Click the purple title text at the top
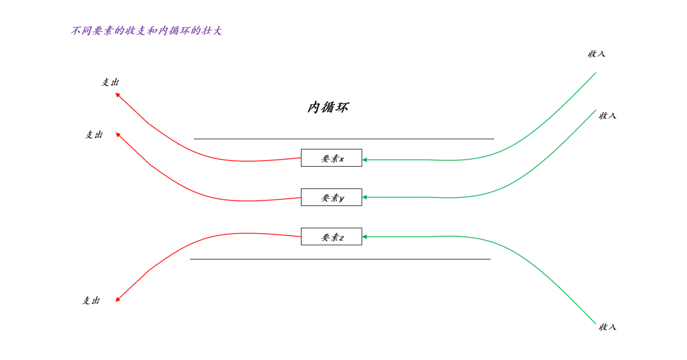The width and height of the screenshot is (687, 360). point(146,31)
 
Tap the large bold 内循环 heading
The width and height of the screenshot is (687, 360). point(328,107)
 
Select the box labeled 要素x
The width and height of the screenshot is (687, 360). point(331,158)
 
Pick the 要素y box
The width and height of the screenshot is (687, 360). point(331,197)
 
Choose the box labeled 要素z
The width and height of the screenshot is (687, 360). point(331,237)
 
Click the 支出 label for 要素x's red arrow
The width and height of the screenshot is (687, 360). point(110,82)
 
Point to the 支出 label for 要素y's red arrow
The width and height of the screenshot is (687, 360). point(94,134)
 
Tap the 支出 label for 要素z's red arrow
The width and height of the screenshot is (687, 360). point(91,300)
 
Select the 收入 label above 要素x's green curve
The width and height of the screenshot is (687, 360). point(596,54)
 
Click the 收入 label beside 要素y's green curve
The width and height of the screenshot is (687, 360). point(607,116)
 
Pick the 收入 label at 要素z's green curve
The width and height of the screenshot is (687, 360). point(607,327)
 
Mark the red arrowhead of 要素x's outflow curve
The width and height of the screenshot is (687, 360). point(118,95)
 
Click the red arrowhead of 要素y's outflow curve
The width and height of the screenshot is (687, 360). point(118,134)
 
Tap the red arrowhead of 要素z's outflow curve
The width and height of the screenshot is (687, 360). point(118,299)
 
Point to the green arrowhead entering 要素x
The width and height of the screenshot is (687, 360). point(365,160)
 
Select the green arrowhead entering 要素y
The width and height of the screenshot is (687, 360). point(365,197)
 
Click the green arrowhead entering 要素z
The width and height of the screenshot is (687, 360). point(365,237)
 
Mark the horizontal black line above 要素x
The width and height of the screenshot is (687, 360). point(344,139)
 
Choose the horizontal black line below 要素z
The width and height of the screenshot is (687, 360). point(340,260)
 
